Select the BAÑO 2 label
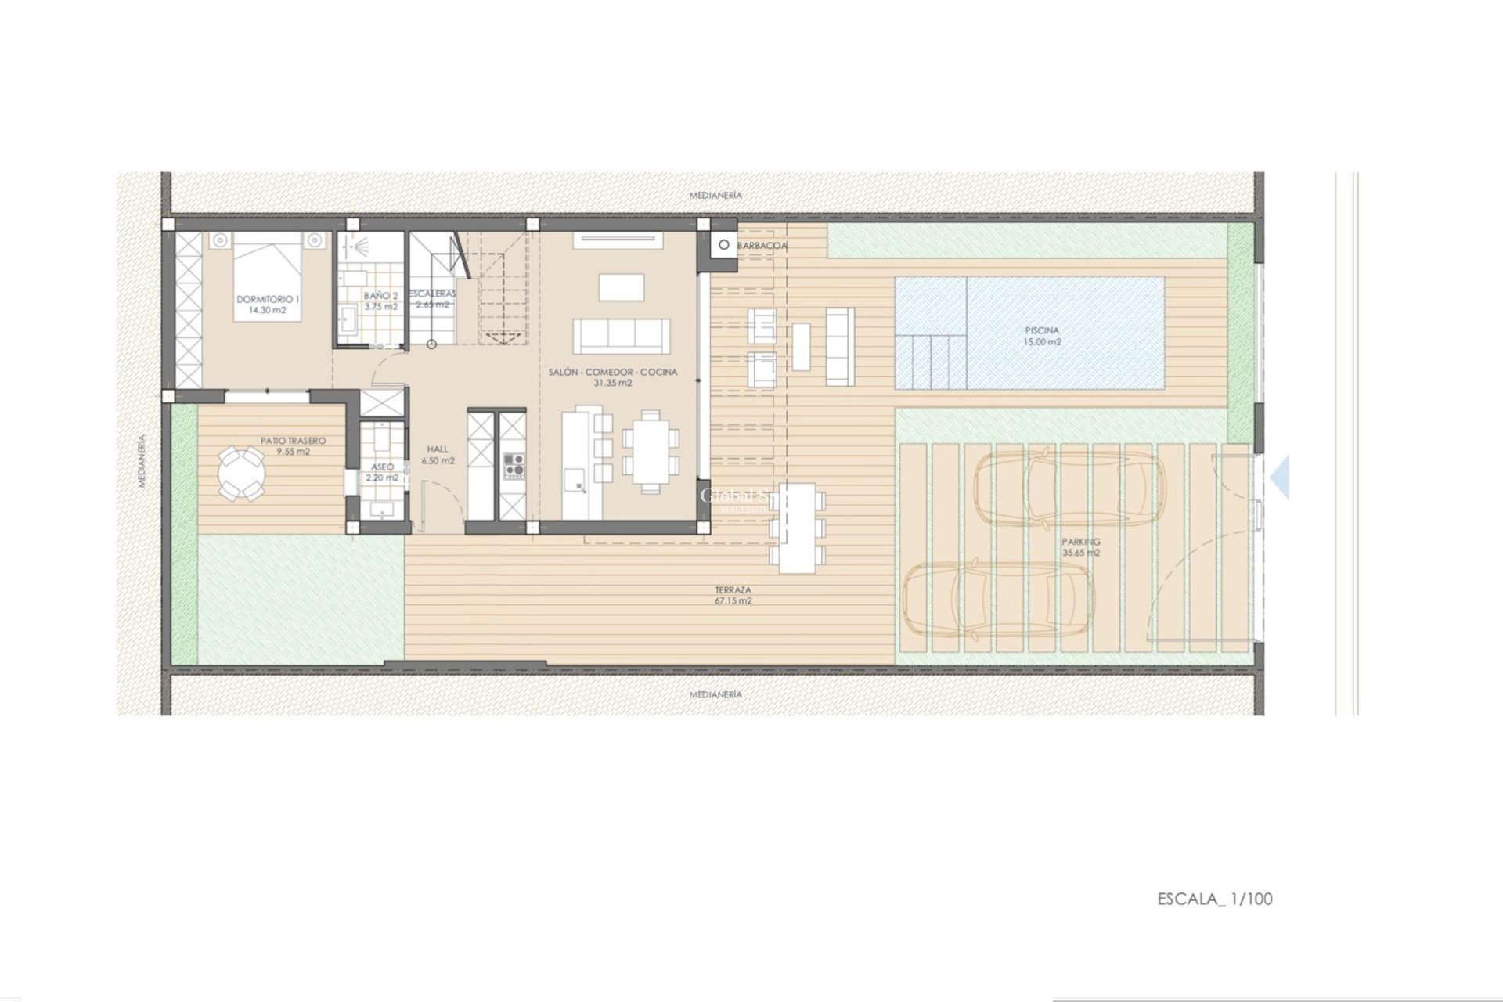pos(381,296)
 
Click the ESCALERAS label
pos(432,294)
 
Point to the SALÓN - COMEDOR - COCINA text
pos(613,372)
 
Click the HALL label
pos(438,449)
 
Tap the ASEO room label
pos(383,467)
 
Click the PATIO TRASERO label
pos(293,441)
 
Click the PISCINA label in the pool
pos(1043,330)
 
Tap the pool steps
pos(932,361)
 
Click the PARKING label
pos(1080,542)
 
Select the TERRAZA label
pos(733,589)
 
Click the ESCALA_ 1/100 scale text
pos(1215,899)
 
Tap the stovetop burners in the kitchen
pos(514,464)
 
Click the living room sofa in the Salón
pos(622,336)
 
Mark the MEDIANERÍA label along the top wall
pos(715,195)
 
